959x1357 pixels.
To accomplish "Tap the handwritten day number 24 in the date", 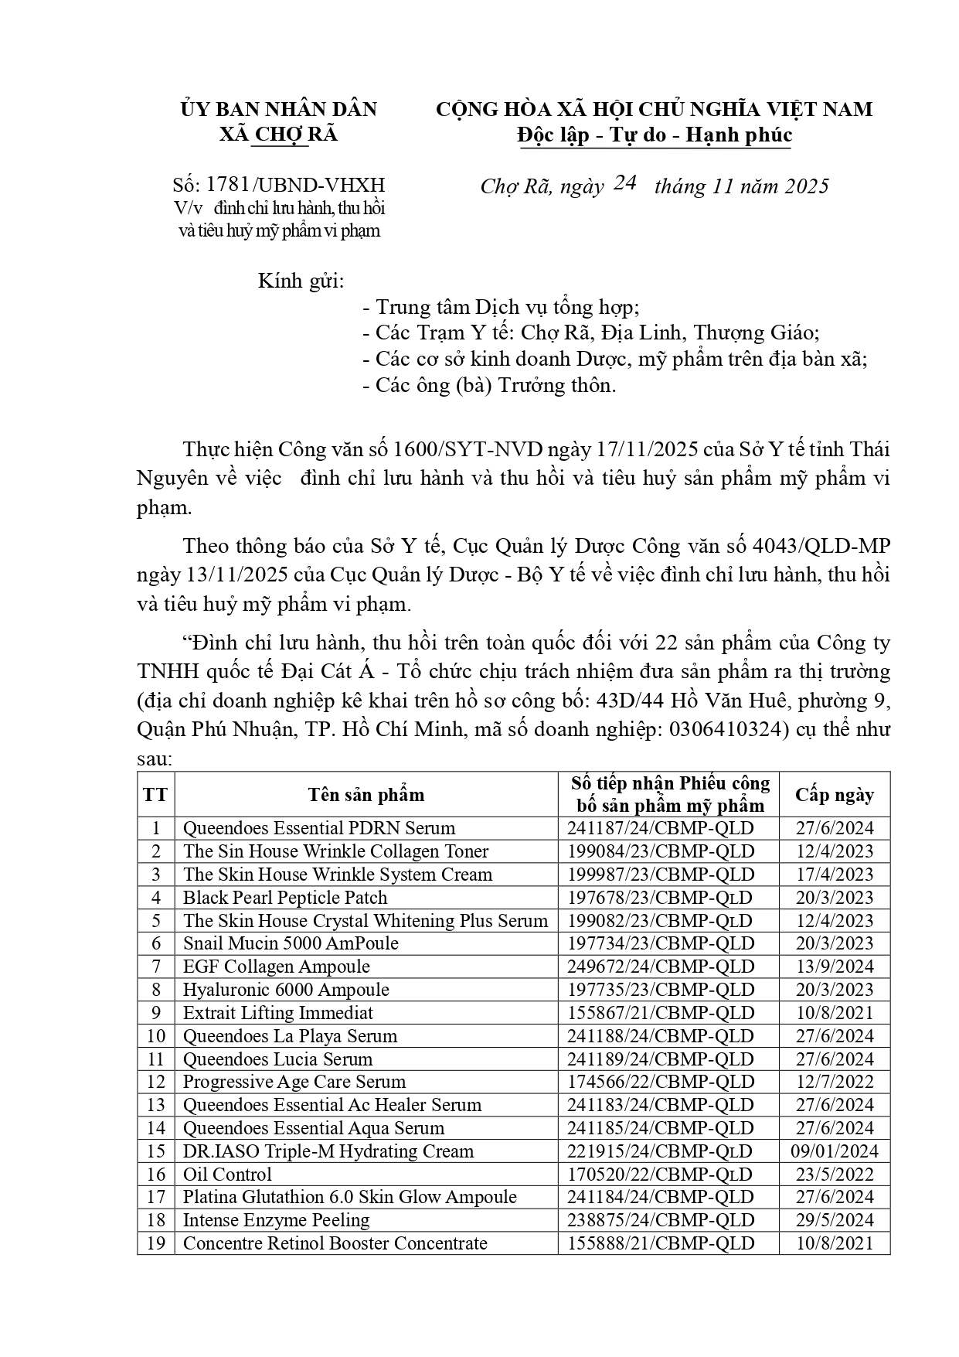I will point(624,183).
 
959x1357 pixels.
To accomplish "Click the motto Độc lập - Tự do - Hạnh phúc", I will point(655,135).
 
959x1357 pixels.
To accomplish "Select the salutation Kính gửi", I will point(301,280).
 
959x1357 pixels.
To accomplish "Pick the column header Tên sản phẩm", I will point(366,794).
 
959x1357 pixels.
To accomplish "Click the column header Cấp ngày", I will point(835,794).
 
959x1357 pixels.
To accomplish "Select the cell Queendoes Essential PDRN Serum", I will point(319,828).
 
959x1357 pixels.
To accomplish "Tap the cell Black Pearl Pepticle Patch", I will point(285,898).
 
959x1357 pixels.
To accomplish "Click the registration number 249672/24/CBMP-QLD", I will point(661,967).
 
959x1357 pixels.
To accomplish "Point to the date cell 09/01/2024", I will point(835,1151).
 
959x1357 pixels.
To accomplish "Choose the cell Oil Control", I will point(227,1175).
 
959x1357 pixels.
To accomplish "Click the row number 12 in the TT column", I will point(156,1082).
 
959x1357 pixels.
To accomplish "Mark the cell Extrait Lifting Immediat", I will point(278,1013).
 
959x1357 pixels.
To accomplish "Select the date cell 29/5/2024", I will point(835,1220).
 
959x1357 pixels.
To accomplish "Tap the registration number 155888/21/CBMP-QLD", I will point(661,1243).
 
